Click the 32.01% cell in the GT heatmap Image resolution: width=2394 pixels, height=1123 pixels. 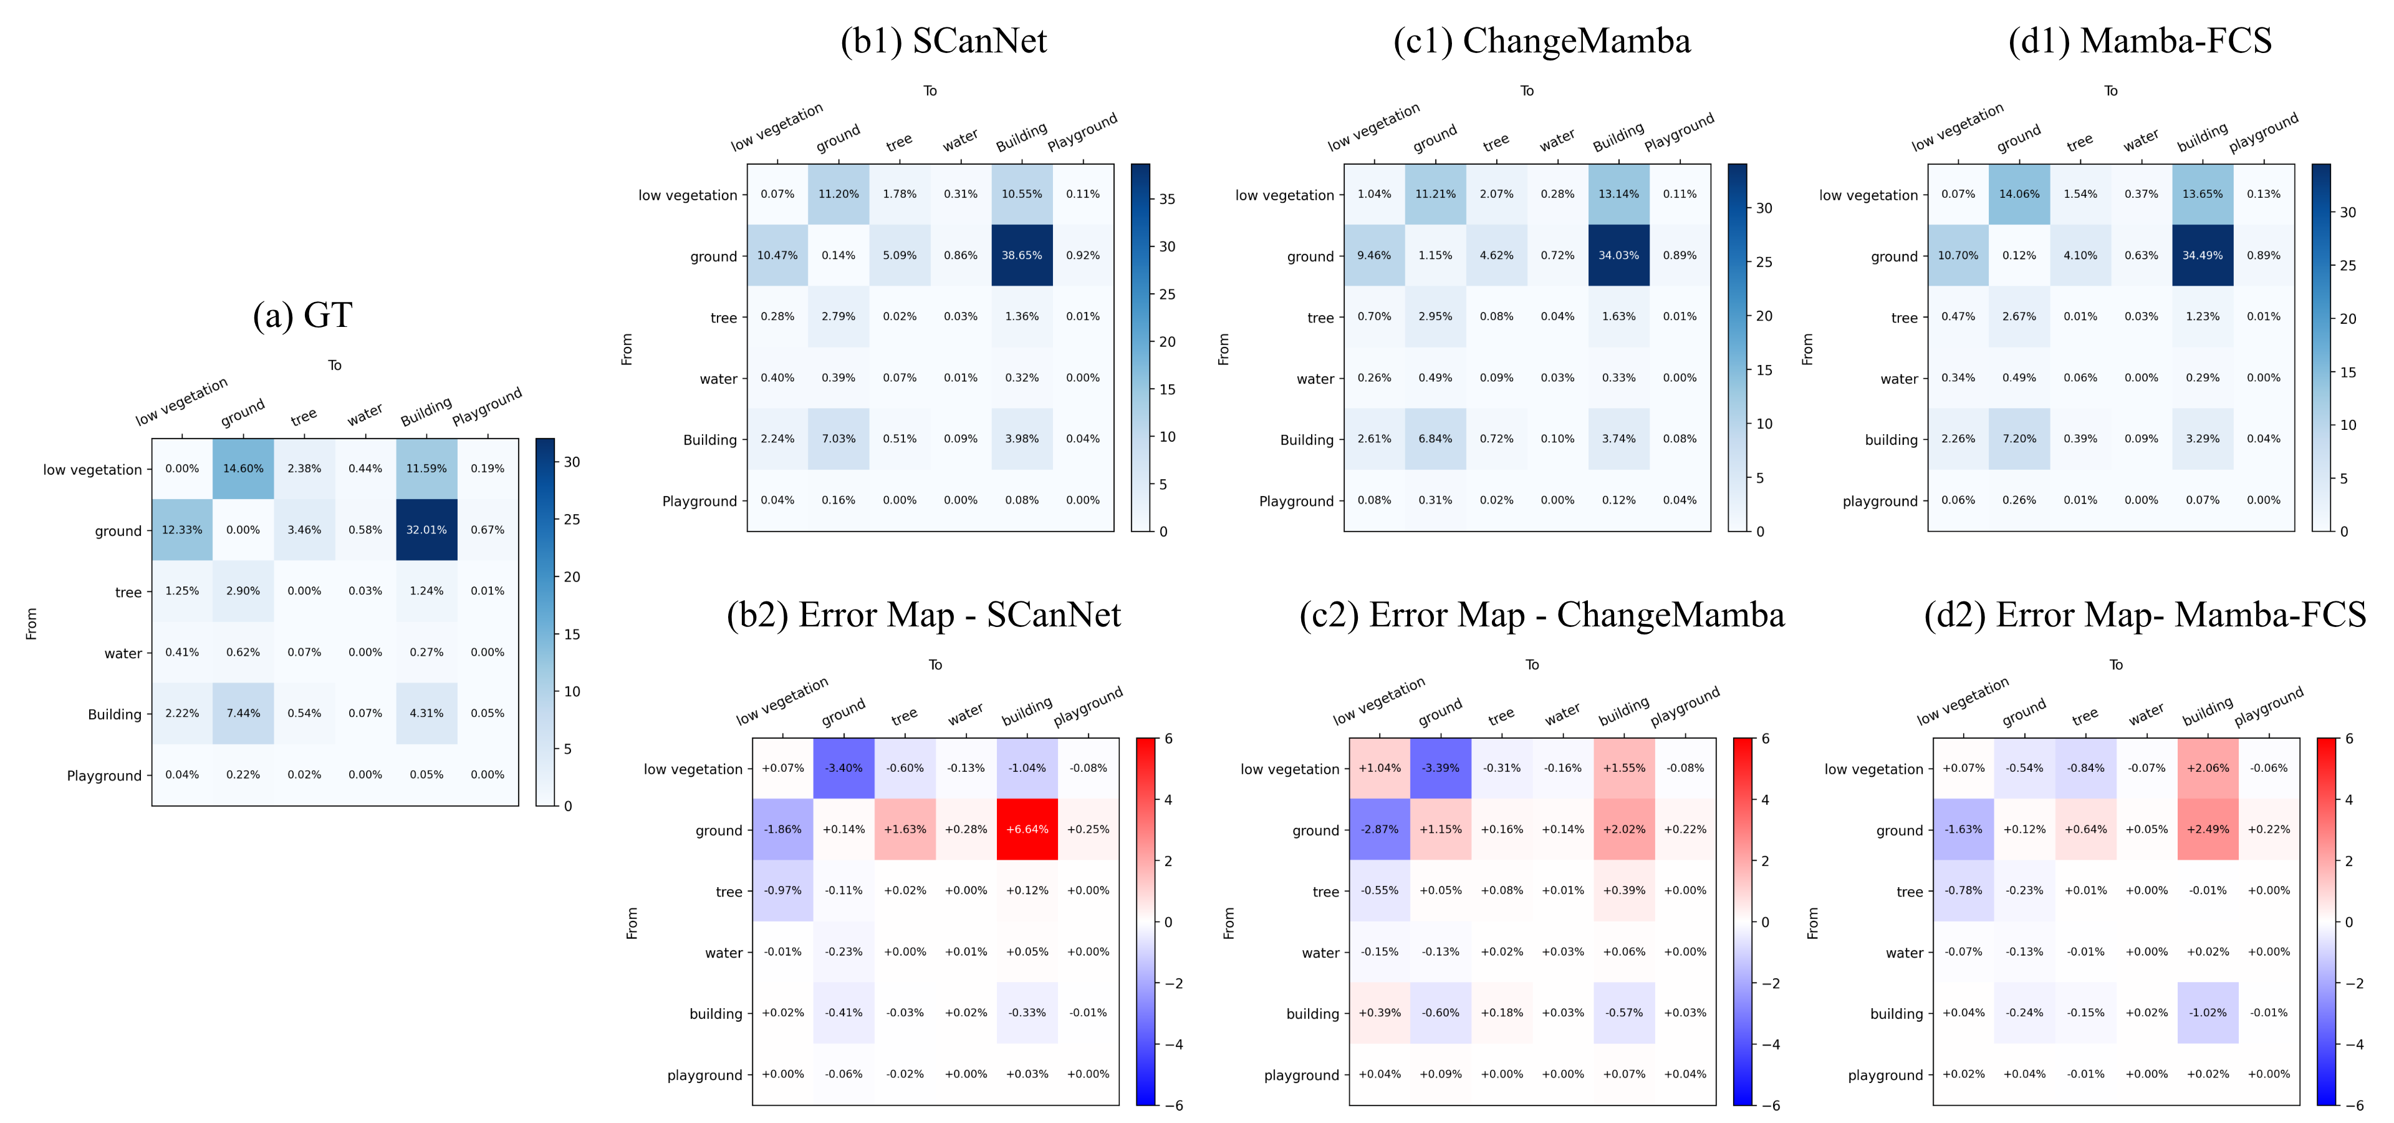(426, 530)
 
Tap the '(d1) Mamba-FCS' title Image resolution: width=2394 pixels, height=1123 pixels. (2140, 41)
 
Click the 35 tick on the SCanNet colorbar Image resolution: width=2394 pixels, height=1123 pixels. (1167, 199)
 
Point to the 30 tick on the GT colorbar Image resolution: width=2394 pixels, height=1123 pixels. (572, 462)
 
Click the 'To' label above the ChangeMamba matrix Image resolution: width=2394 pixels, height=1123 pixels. (1526, 91)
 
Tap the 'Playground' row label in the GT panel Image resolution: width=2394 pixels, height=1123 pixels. (104, 775)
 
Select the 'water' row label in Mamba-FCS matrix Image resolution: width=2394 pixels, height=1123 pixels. (1898, 378)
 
